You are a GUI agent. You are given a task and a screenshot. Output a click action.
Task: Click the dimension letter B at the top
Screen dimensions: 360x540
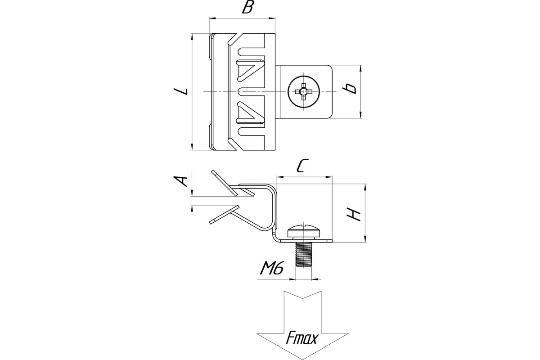point(247,9)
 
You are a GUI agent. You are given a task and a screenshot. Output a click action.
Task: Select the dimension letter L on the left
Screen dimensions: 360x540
point(181,91)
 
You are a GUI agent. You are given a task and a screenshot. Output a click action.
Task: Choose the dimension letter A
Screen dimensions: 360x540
point(181,181)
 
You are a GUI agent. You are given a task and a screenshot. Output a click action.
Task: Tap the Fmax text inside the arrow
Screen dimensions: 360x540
point(301,338)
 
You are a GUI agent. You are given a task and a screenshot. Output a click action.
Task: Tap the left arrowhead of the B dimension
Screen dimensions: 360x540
point(211,18)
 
